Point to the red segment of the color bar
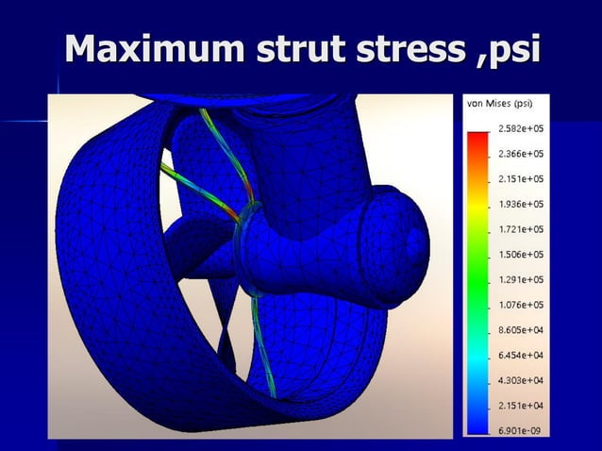[x=477, y=141]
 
